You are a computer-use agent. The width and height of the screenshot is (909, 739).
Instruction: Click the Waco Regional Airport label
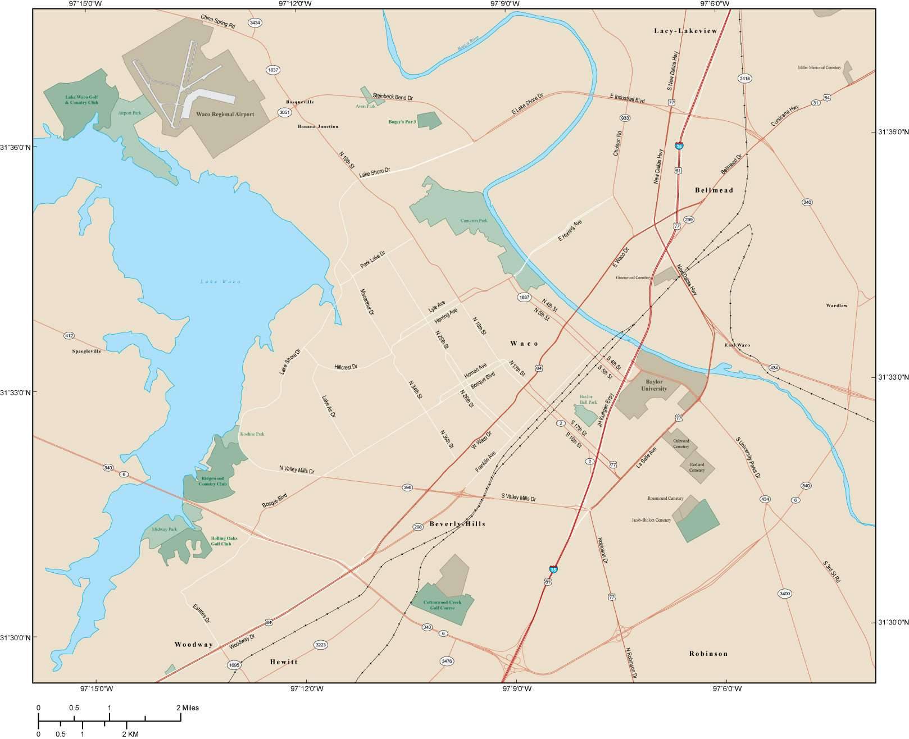[225, 114]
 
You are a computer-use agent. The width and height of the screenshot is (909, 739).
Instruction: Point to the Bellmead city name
[714, 190]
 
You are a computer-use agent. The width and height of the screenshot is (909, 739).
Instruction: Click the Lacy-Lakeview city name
[685, 31]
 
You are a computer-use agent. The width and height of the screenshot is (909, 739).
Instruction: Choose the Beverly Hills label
[457, 524]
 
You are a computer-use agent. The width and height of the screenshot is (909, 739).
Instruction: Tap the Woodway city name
[194, 645]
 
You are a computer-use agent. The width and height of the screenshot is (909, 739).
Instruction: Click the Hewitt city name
[283, 662]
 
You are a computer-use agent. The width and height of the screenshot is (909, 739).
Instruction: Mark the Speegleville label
[87, 351]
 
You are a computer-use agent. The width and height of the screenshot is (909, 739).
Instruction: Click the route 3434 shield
[255, 23]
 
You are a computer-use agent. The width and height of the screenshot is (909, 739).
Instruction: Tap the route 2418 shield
[745, 78]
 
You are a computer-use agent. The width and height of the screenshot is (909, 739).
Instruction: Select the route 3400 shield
[785, 594]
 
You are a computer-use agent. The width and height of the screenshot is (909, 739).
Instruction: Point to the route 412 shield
[69, 336]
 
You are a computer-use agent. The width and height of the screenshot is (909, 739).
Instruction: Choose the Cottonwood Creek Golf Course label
[443, 605]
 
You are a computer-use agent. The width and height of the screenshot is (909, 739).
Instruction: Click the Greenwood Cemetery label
[633, 277]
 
